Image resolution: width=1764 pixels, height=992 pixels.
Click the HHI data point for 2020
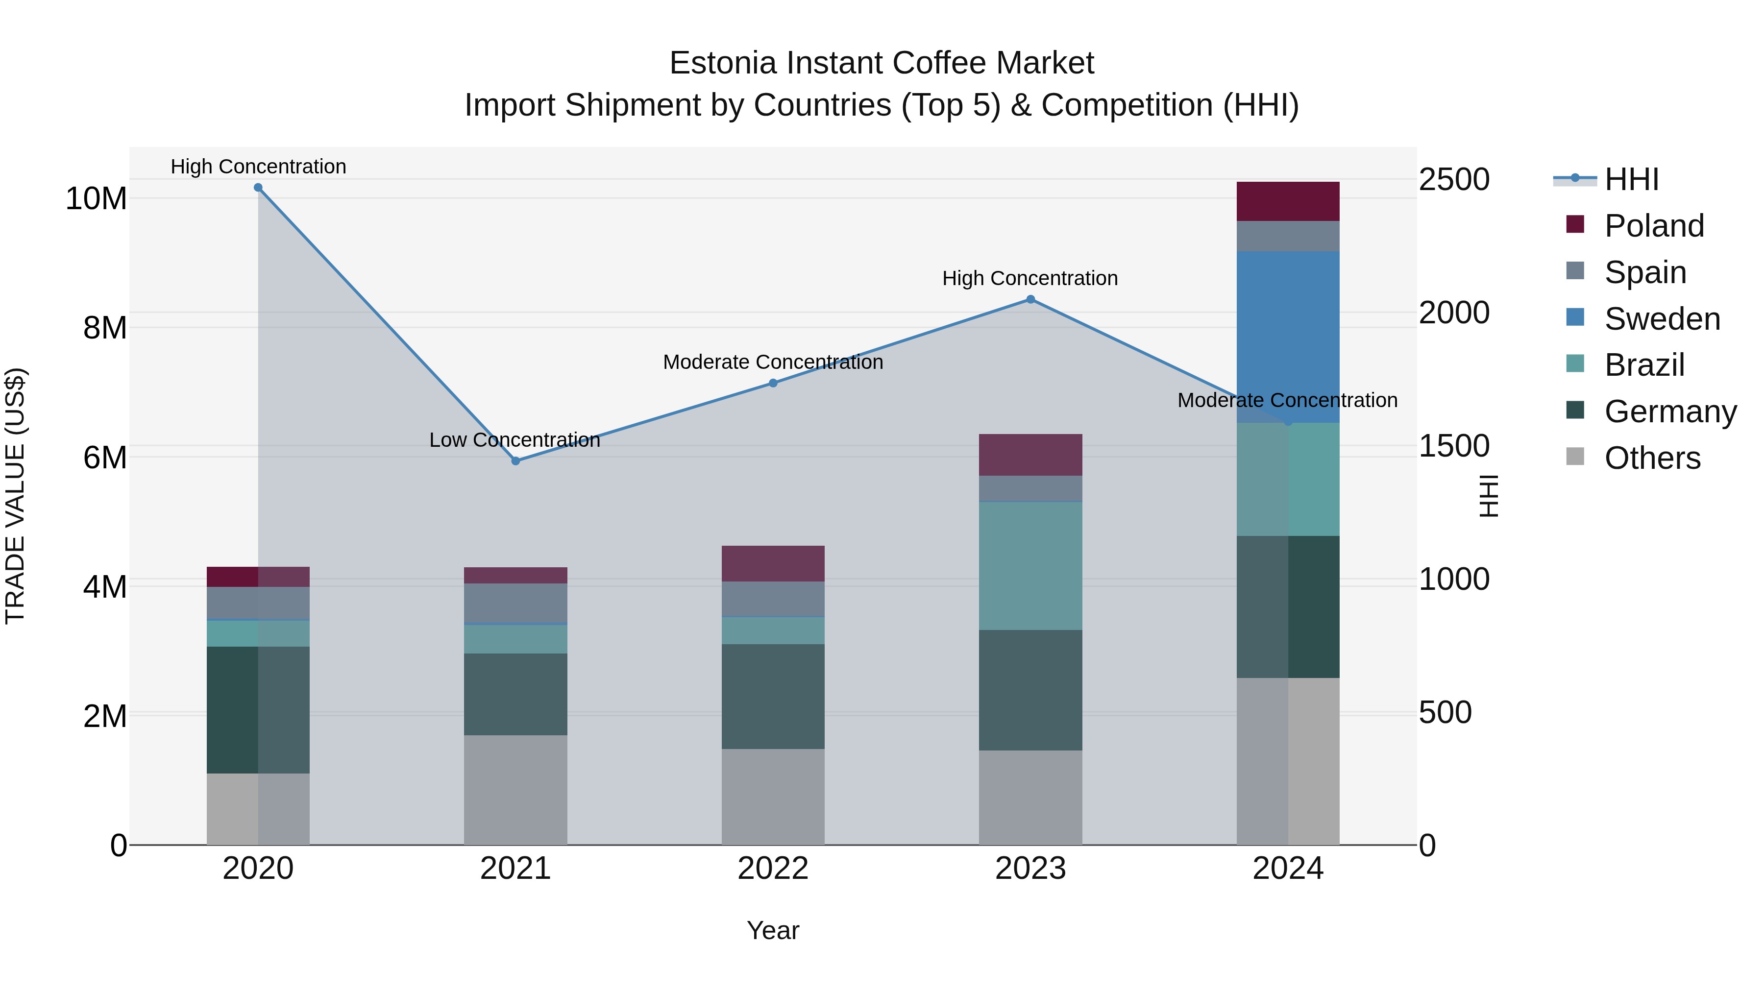coord(258,188)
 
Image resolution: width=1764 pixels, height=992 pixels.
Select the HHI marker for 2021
coord(515,461)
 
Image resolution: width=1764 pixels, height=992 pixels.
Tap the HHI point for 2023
coord(1030,299)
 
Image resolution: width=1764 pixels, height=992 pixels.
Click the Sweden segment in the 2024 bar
coord(1288,337)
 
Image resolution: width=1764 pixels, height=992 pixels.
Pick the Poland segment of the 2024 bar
coord(1288,201)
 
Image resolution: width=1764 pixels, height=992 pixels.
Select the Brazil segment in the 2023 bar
coord(1030,566)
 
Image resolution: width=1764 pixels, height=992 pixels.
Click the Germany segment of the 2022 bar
coord(773,696)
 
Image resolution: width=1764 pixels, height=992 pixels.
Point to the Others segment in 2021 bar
coord(515,790)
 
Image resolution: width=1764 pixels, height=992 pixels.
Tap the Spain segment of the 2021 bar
coord(515,603)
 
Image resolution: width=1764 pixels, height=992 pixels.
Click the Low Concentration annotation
coord(515,440)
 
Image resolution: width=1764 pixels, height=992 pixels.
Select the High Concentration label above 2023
coord(1030,279)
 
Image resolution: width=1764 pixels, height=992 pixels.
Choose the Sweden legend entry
coord(1662,319)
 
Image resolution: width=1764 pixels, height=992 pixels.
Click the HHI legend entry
coord(1632,179)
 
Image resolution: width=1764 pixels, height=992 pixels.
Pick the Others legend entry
coord(1652,458)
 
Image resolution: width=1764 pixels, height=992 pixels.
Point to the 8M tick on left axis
coord(105,328)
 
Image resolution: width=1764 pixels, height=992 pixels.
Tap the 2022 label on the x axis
coord(773,869)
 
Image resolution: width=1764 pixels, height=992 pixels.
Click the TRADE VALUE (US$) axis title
coord(15,496)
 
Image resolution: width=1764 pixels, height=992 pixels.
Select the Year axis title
coord(773,930)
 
